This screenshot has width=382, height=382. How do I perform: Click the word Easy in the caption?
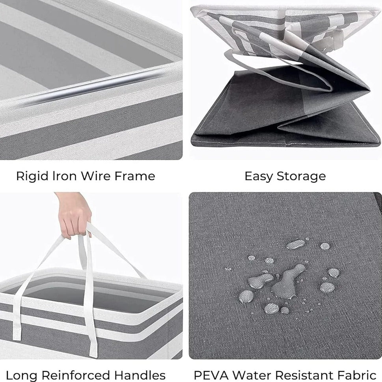pyautogui.click(x=260, y=176)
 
